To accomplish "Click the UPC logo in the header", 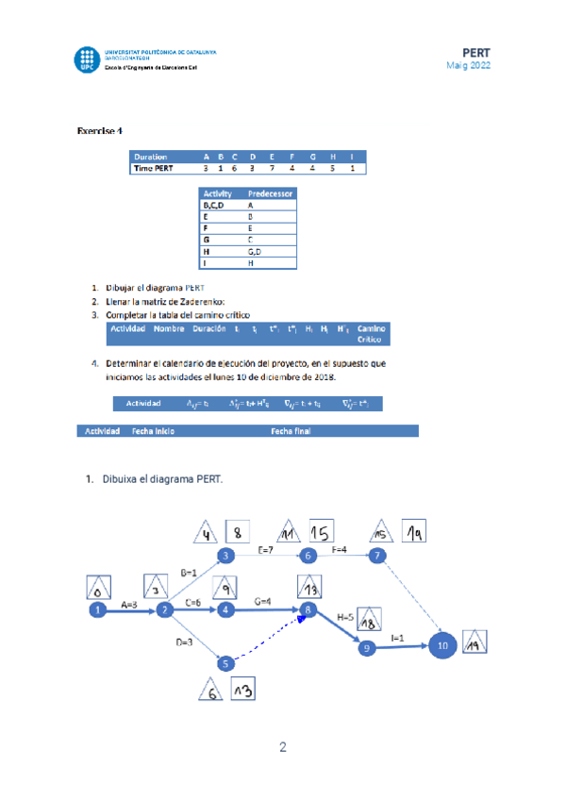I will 87,59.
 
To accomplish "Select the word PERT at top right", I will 476,51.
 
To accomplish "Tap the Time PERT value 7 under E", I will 270,169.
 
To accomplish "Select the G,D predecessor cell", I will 254,253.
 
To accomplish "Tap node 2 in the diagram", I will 165,610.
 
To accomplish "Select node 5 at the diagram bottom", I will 225,663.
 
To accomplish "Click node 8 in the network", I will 308,610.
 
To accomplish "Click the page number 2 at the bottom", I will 283,749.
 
